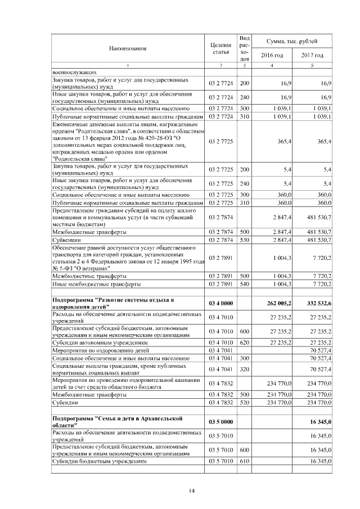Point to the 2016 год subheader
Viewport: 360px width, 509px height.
pyautogui.click(x=271, y=56)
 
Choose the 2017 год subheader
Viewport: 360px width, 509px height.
pyautogui.click(x=312, y=56)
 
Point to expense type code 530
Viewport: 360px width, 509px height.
pyautogui.click(x=244, y=240)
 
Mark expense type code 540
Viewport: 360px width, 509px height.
pyautogui.click(x=244, y=284)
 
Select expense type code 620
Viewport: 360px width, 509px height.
pyautogui.click(x=244, y=341)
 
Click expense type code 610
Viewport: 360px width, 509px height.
pyautogui.click(x=244, y=460)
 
